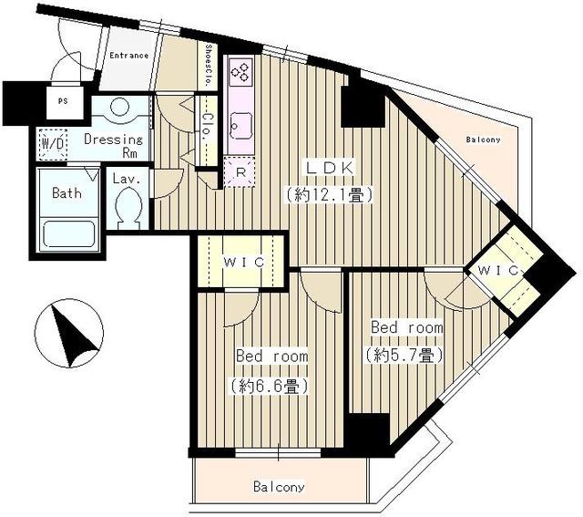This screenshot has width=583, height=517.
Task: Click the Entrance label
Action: tap(129, 56)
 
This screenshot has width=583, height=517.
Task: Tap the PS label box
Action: tap(62, 102)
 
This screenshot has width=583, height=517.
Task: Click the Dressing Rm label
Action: tap(114, 146)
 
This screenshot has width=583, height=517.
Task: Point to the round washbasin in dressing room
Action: tap(118, 108)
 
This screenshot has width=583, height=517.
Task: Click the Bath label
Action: tap(67, 193)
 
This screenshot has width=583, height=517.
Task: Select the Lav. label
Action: tap(127, 180)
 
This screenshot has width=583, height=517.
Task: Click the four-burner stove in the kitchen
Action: tap(241, 72)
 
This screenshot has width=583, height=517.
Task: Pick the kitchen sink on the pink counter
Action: tap(241, 121)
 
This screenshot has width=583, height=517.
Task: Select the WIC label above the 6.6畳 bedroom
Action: tap(243, 262)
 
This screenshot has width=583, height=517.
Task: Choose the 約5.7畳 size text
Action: tap(404, 354)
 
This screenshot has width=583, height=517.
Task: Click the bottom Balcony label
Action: tap(279, 487)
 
